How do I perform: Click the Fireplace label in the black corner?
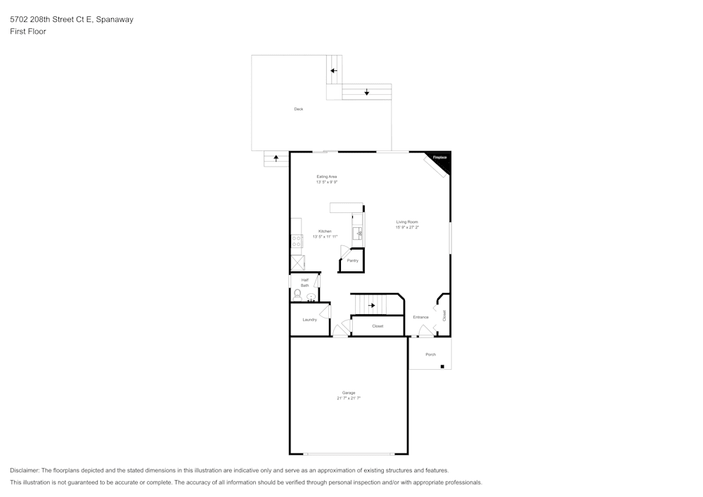pyautogui.click(x=439, y=157)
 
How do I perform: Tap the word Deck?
pyautogui.click(x=299, y=109)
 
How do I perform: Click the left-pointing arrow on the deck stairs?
pyautogui.click(x=334, y=70)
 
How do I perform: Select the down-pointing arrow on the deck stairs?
pyautogui.click(x=367, y=92)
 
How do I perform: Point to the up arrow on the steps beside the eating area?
pyautogui.click(x=276, y=158)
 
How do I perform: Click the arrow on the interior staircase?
pyautogui.click(x=372, y=305)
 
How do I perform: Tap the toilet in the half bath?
pyautogui.click(x=297, y=294)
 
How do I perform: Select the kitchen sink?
pyautogui.click(x=359, y=232)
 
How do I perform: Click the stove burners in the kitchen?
pyautogui.click(x=296, y=241)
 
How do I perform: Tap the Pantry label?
pyautogui.click(x=352, y=261)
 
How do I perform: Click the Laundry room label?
pyautogui.click(x=309, y=320)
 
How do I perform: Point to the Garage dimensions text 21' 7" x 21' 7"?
pyautogui.click(x=349, y=398)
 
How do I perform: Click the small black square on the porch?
pyautogui.click(x=442, y=366)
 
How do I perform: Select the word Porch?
pyautogui.click(x=430, y=354)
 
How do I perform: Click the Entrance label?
pyautogui.click(x=420, y=317)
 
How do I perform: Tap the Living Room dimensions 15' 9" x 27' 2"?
pyautogui.click(x=407, y=227)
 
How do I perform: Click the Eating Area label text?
pyautogui.click(x=327, y=176)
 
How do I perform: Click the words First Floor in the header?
pyautogui.click(x=28, y=32)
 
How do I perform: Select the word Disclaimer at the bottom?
pyautogui.click(x=25, y=470)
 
